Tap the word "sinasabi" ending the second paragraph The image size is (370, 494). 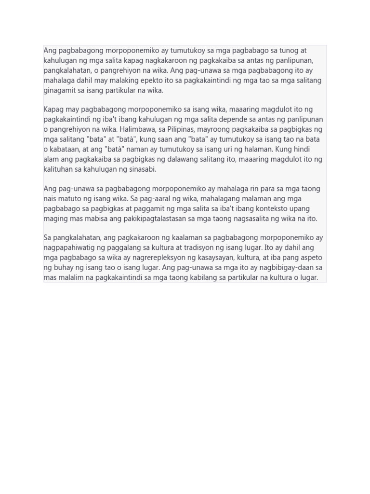142,169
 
